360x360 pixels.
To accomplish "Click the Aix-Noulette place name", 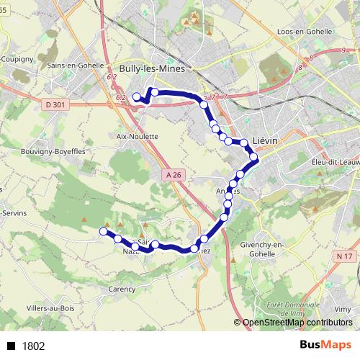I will pyautogui.click(x=137, y=135).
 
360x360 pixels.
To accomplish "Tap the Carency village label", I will pyautogui.click(x=122, y=289).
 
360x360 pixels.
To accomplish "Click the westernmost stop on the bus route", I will pyautogui.click(x=103, y=231).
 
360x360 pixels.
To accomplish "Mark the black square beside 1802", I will pyautogui.click(x=12, y=346).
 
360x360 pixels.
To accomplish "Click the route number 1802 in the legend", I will pyautogui.click(x=33, y=346).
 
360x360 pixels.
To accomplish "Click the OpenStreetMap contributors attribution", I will pyautogui.click(x=296, y=323).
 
